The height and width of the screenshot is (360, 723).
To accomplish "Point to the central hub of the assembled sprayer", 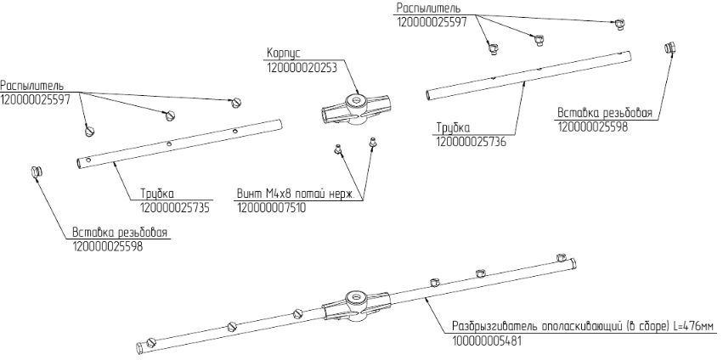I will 358,305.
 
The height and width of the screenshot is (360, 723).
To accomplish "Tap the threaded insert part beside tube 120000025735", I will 37,172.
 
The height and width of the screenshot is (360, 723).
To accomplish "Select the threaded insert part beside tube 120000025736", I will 669,48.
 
